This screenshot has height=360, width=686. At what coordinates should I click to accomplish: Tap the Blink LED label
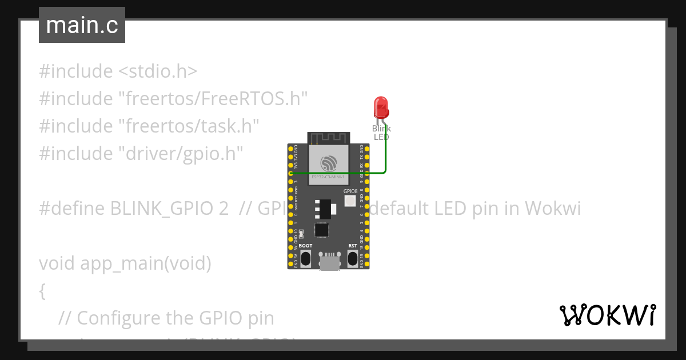click(x=381, y=133)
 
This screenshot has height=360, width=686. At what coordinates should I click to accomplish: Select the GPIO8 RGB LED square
click(x=350, y=201)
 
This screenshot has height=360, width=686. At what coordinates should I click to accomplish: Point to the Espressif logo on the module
click(x=328, y=163)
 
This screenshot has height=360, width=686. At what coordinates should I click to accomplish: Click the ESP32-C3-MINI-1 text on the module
click(x=328, y=178)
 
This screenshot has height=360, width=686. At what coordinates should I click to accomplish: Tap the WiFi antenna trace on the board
click(x=328, y=138)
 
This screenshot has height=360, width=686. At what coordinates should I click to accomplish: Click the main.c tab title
click(x=82, y=25)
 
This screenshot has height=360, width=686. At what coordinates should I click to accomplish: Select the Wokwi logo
click(x=607, y=315)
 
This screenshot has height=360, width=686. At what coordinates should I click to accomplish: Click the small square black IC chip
click(x=321, y=229)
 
